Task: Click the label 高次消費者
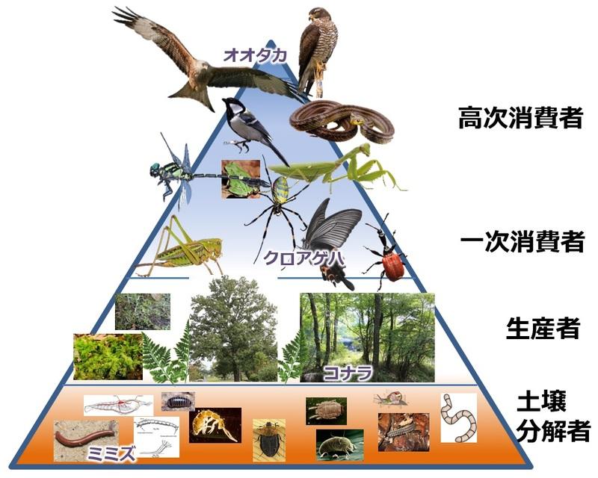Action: [520, 118]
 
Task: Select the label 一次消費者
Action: [520, 240]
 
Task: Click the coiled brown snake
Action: [341, 121]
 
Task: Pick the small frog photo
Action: [240, 179]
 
